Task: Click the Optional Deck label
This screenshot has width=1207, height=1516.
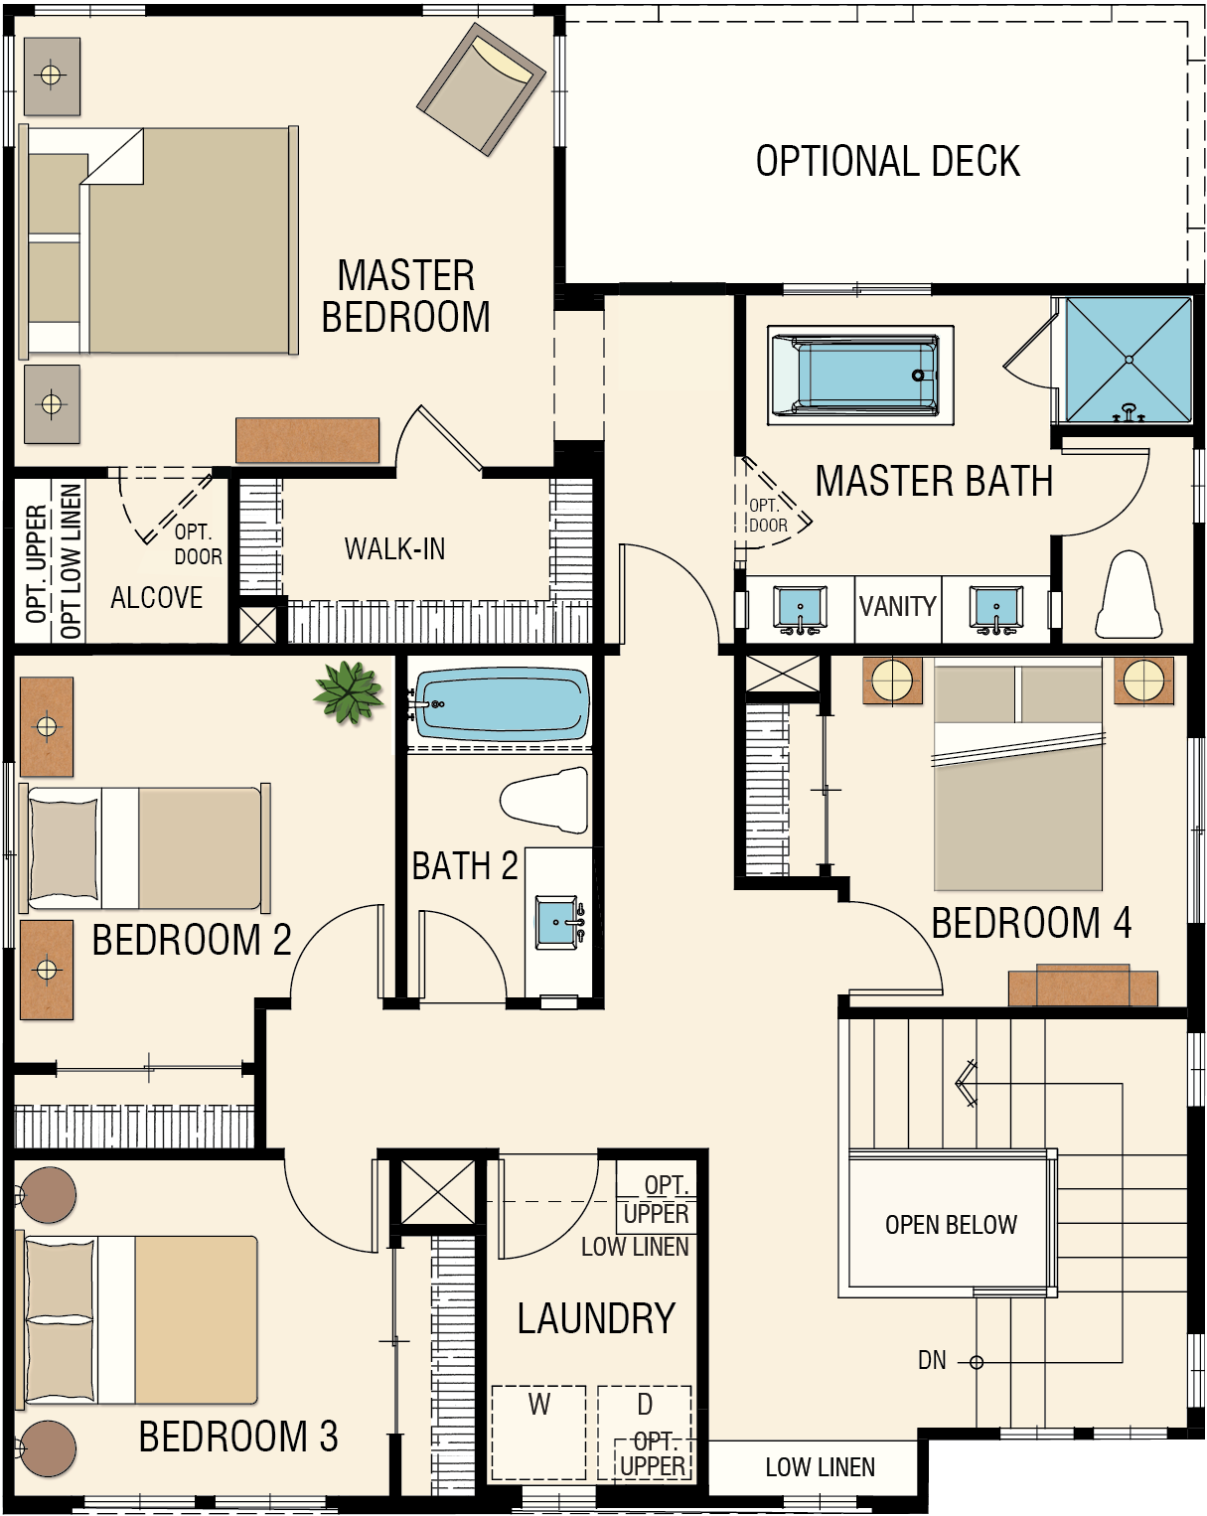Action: (888, 161)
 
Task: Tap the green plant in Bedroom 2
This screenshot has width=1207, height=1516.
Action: (348, 692)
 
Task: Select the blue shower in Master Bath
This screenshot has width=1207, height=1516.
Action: (1129, 360)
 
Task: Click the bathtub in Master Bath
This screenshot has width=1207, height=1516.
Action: (860, 375)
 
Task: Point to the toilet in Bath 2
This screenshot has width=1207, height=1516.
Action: (544, 801)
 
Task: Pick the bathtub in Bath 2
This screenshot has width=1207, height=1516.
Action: (502, 704)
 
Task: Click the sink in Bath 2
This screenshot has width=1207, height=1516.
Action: (558, 922)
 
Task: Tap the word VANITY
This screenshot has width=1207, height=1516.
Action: (897, 606)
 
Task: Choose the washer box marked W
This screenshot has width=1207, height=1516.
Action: (539, 1433)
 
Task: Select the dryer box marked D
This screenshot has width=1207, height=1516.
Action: (645, 1433)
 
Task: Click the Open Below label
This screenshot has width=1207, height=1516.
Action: (952, 1224)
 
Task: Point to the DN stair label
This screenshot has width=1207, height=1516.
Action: (932, 1360)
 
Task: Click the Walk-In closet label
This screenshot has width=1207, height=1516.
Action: (394, 548)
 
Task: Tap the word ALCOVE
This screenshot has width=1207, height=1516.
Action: (156, 597)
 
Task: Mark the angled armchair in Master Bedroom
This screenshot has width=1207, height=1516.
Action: (481, 88)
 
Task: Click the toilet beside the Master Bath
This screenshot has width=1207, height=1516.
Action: (1129, 594)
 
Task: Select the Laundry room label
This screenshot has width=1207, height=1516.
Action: (596, 1318)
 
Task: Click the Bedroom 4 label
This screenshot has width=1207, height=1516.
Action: (1031, 923)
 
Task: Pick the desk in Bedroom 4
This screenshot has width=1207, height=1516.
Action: (1083, 985)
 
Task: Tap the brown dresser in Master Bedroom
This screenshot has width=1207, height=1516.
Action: (307, 440)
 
